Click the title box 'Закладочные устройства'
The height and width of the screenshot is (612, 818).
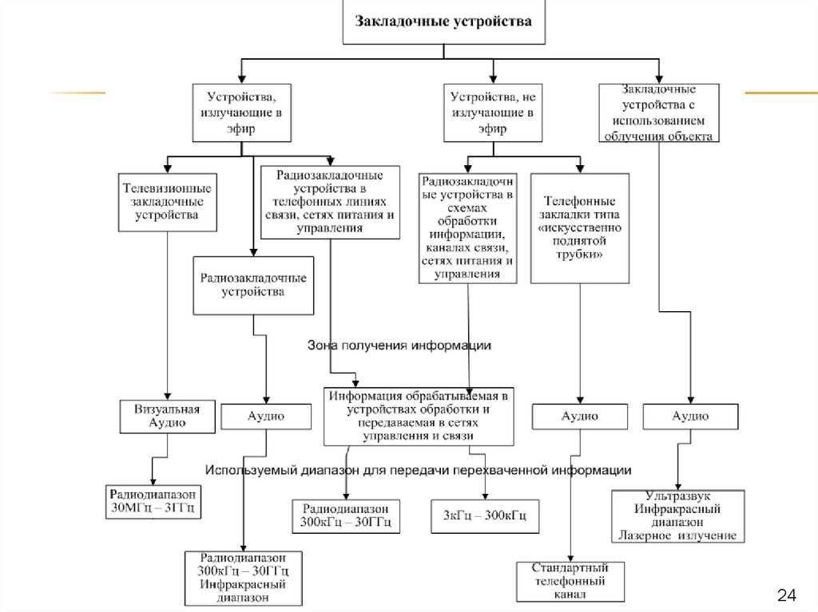[x=444, y=22]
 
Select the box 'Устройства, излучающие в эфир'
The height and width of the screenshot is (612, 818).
[x=240, y=113]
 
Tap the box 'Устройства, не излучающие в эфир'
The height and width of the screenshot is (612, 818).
[x=492, y=113]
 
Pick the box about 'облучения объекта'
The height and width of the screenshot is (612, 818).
[x=659, y=113]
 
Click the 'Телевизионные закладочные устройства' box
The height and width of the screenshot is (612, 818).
[x=166, y=202]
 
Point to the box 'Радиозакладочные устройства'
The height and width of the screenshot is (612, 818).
[x=252, y=286]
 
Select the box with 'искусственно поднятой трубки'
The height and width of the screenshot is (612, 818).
[x=581, y=227]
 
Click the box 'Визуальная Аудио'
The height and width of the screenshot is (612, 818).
[x=167, y=416]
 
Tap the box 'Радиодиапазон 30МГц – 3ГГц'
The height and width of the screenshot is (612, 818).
[x=153, y=501]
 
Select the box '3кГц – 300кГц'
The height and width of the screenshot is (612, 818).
[x=485, y=516]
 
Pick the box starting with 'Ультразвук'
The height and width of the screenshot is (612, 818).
[x=678, y=515]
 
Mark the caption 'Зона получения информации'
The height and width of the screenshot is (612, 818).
[x=399, y=345]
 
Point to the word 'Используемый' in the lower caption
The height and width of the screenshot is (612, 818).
[x=243, y=470]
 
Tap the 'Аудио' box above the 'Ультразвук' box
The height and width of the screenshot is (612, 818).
[x=690, y=416]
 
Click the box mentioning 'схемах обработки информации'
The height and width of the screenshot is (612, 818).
[x=468, y=228]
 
